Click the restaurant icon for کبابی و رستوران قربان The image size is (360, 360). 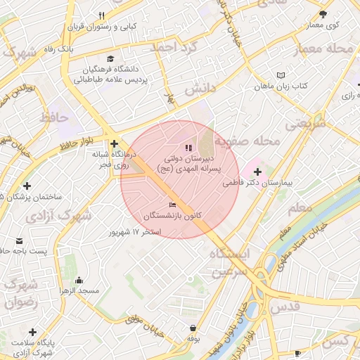[x=102, y=15]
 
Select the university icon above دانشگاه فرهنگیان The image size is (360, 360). [x=109, y=59]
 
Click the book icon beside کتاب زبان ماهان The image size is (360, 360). [x=281, y=75]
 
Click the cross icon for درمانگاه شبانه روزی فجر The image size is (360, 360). [x=114, y=143]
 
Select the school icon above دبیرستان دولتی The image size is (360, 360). [x=187, y=148]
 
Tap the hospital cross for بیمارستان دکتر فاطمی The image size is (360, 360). [x=257, y=172]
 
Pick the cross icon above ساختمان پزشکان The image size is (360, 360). [x=27, y=186]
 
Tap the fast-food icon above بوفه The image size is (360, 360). [x=193, y=327]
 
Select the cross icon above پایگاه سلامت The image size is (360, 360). [x=32, y=331]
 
